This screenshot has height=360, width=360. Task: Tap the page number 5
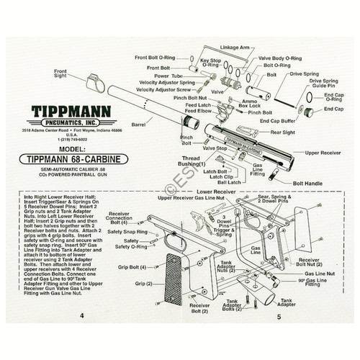tap(278, 336)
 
